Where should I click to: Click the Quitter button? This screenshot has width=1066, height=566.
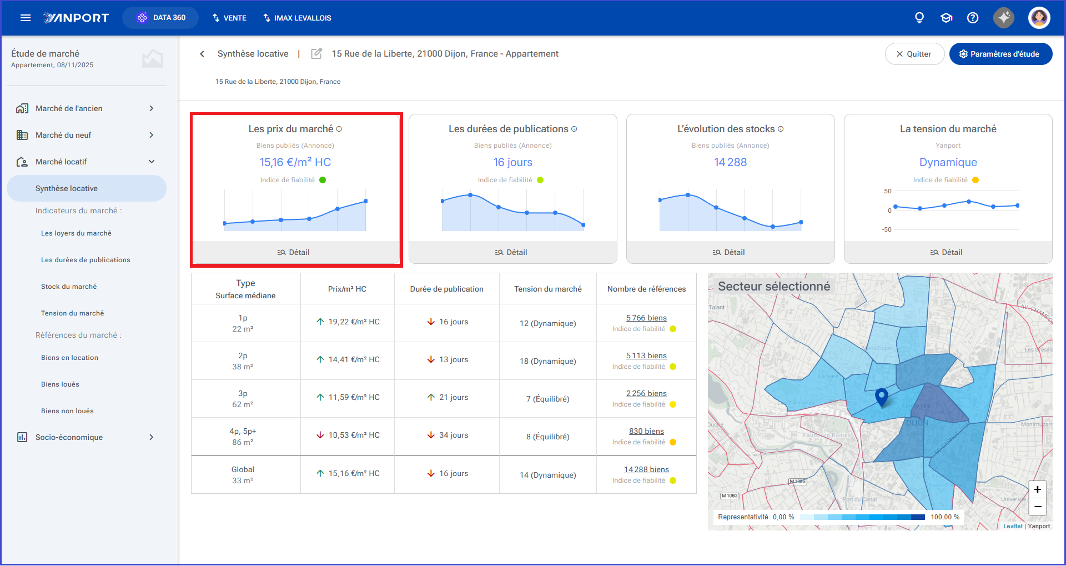(x=914, y=54)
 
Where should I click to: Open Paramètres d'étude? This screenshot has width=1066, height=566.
(x=1000, y=54)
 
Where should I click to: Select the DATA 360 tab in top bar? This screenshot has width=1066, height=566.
(x=160, y=18)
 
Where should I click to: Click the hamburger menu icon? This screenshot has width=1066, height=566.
(x=26, y=18)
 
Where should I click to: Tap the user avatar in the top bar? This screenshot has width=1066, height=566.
(x=1039, y=18)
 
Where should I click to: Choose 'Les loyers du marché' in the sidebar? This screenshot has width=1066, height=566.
(x=76, y=233)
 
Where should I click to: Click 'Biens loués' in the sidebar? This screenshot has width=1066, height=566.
(x=60, y=384)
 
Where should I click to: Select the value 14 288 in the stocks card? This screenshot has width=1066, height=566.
(x=730, y=162)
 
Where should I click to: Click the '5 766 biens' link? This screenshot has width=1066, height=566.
(x=646, y=318)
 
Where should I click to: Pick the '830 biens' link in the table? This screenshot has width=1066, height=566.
(x=646, y=431)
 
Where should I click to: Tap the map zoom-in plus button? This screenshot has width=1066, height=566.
(x=1037, y=489)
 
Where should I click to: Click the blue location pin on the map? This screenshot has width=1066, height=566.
(x=881, y=397)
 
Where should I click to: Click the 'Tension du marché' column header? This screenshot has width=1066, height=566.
(x=547, y=289)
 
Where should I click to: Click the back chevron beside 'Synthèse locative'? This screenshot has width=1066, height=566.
(x=202, y=54)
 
